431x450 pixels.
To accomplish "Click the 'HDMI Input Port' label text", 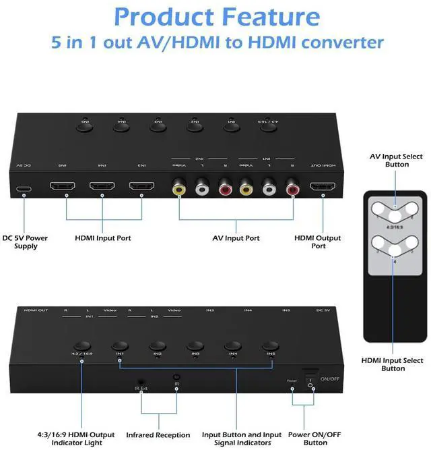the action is (103, 238).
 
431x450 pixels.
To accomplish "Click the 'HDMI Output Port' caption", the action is (318, 242).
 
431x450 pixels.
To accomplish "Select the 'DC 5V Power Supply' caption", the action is (26, 242).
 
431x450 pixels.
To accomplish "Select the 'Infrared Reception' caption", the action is (159, 435).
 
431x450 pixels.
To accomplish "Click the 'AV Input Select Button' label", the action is (397, 161).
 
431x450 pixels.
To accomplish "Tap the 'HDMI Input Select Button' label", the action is (393, 365).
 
